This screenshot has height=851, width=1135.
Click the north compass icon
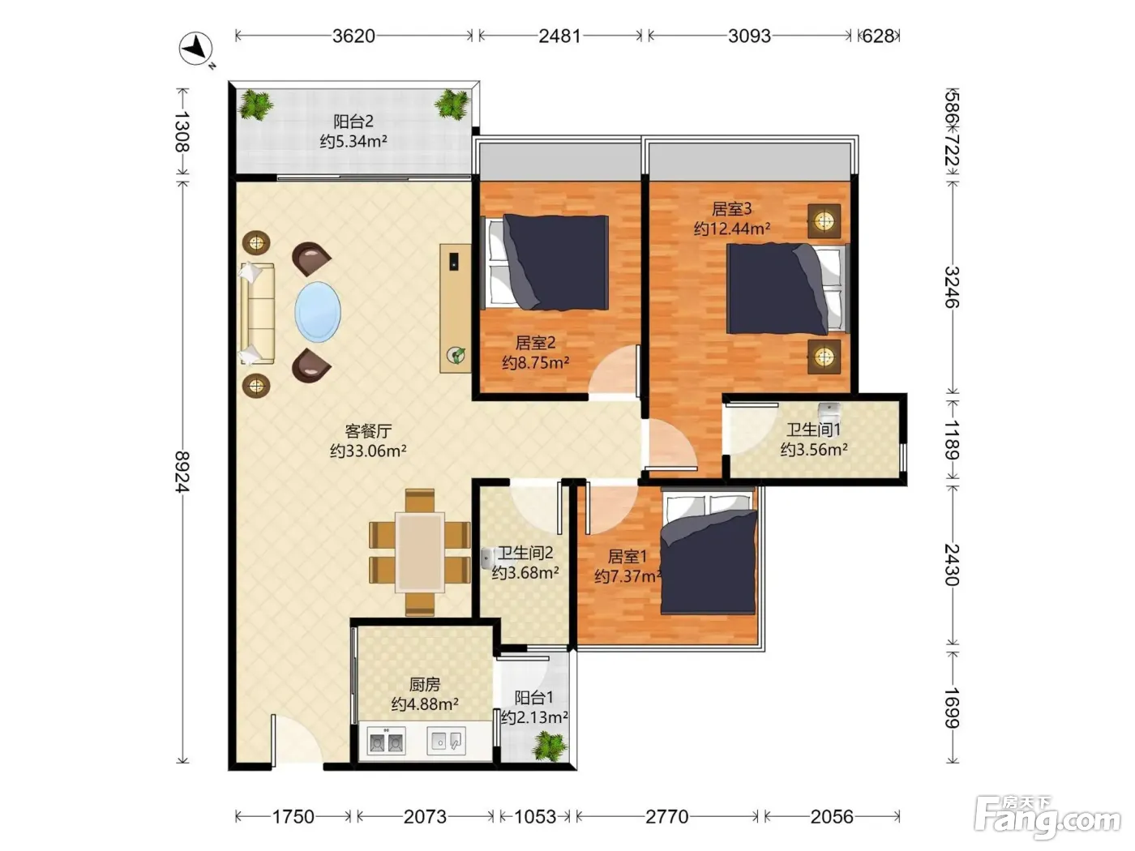coord(196,49)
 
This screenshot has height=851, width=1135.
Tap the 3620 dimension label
coord(353,36)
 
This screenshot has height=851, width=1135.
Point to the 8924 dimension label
coord(182,472)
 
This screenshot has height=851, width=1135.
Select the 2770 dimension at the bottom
coord(667,816)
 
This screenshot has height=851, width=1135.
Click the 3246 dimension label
coord(952,287)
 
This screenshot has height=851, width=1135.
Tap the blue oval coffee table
coord(318,311)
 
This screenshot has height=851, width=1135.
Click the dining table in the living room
coord(419,553)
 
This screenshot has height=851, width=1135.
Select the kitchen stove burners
coord(386,742)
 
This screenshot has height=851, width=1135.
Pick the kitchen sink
coord(446,741)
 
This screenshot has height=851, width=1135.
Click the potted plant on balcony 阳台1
coord(550,746)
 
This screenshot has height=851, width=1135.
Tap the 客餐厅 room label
coord(368,430)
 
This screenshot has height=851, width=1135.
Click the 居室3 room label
coord(732,209)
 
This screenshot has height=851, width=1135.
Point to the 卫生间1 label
coord(813,430)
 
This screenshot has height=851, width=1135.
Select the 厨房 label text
coord(425,684)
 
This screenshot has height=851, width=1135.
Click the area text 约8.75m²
coord(536,362)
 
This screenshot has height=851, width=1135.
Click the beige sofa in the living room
coord(257,313)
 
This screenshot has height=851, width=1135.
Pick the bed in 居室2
coord(545,262)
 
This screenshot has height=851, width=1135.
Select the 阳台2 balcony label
coord(353,122)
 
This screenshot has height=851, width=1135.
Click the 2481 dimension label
coord(560,36)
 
